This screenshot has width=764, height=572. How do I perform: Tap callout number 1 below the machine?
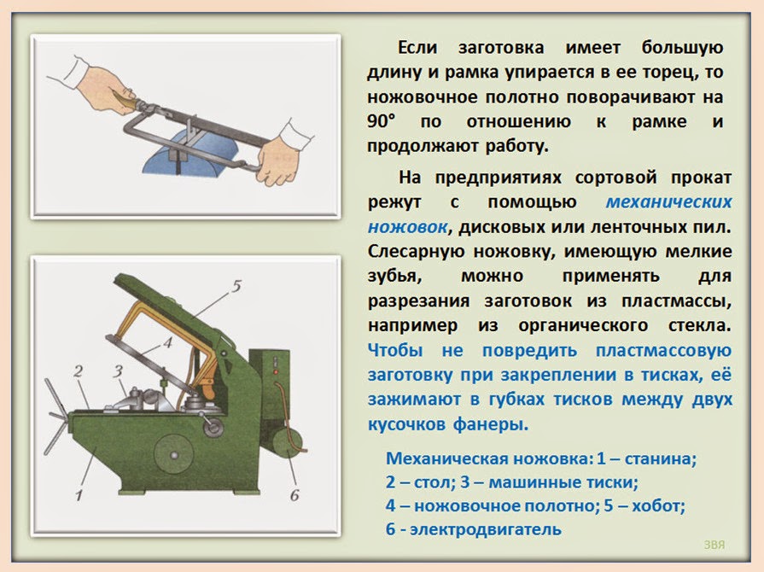78,493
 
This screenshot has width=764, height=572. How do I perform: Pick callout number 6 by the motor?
294,494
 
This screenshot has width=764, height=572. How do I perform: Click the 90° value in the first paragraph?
383,122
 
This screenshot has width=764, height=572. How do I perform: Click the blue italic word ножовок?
407,228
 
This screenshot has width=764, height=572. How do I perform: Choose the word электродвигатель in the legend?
484,529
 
